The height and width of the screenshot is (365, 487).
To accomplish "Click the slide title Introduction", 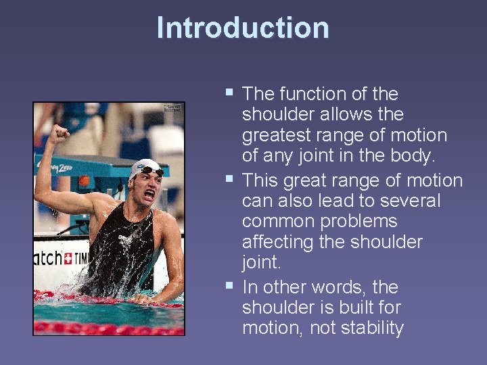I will coord(243,28).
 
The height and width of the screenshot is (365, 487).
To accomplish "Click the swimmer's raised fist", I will coord(61,131).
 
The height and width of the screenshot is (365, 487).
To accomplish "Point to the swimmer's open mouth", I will coord(149,195).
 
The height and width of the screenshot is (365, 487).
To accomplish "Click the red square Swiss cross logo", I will coord(68,259).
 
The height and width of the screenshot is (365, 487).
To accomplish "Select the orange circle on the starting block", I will coord(85,181).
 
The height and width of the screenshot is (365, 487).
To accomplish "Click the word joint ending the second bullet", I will coord(261,262).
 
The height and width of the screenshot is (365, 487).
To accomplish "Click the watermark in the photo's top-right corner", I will coord(173,108).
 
